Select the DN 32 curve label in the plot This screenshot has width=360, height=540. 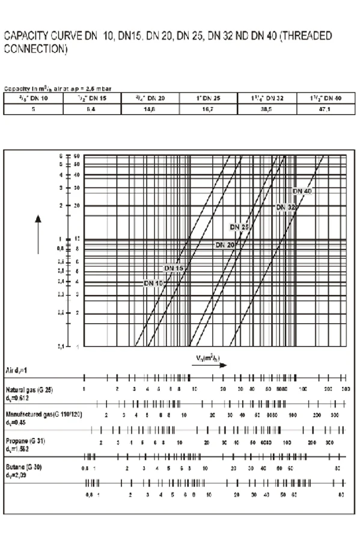286,207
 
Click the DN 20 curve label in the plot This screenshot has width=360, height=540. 225,245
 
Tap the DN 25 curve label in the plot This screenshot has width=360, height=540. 239,227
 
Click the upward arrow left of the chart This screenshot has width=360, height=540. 38,228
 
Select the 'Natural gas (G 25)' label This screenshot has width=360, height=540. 29,390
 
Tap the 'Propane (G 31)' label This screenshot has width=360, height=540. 25,441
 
